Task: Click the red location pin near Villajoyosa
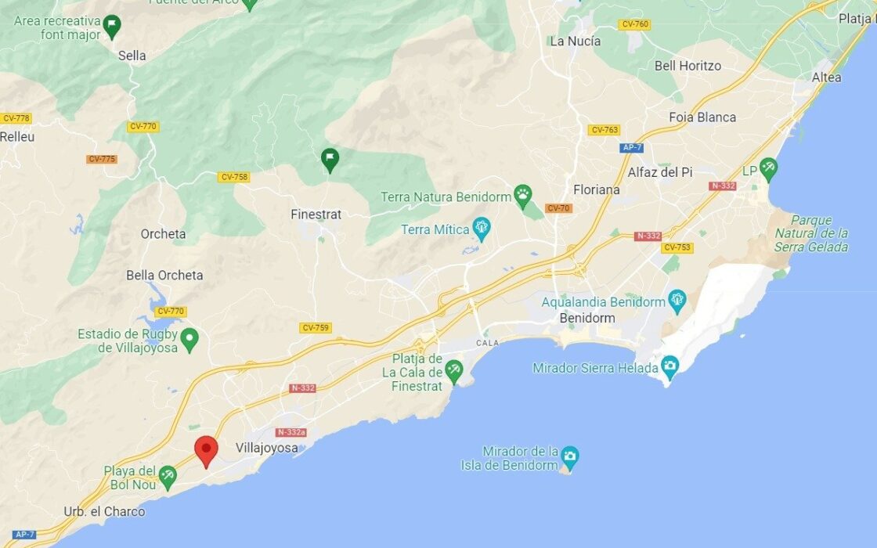[206, 450]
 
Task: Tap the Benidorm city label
[587, 319]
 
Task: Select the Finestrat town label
[316, 215]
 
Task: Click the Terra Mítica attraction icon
[482, 229]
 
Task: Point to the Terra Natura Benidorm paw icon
[522, 195]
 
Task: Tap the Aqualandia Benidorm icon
[677, 301]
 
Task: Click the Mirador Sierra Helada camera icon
[669, 366]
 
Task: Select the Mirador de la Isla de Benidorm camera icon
[570, 455]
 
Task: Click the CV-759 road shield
[315, 328]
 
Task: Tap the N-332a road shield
[291, 432]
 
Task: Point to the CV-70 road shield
[558, 208]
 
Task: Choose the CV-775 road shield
[102, 159]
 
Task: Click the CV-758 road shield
[234, 177]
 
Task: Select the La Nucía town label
[576, 41]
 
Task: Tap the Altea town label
[826, 78]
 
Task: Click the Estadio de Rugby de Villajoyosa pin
[189, 340]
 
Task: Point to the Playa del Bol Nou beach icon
[168, 474]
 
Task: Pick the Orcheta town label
[164, 234]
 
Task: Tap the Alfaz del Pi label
[660, 172]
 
